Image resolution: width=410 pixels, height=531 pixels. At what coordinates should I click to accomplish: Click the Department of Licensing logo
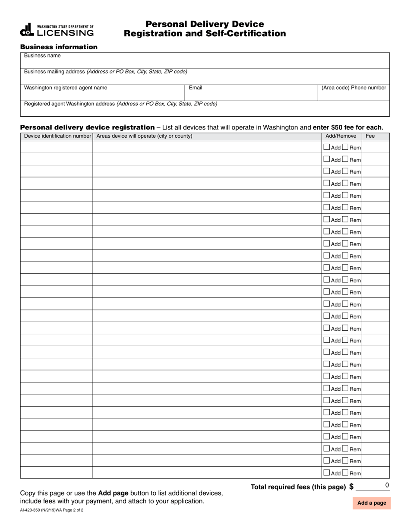pyautogui.click(x=57, y=29)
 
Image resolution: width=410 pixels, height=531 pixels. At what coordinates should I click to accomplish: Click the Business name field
pyautogui.click(x=205, y=63)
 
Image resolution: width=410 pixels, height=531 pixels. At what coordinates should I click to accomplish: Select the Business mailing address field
pyautogui.click(x=205, y=79)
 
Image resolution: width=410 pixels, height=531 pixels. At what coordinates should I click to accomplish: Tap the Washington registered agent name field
pyautogui.click(x=103, y=95)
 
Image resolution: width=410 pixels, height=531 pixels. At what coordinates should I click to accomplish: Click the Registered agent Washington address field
pyautogui.click(x=205, y=111)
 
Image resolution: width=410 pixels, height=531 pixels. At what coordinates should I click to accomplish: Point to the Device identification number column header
pyautogui.click(x=57, y=136)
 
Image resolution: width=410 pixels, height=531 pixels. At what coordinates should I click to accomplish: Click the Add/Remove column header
pyautogui.click(x=341, y=136)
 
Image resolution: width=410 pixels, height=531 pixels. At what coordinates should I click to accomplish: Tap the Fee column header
pyautogui.click(x=370, y=136)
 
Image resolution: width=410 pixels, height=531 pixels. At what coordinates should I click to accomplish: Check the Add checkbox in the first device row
pyautogui.click(x=327, y=147)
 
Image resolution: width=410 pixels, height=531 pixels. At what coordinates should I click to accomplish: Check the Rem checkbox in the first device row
pyautogui.click(x=345, y=147)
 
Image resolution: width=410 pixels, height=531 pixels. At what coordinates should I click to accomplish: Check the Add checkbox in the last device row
pyautogui.click(x=327, y=473)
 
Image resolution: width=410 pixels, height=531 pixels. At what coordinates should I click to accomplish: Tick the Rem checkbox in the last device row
pyautogui.click(x=345, y=473)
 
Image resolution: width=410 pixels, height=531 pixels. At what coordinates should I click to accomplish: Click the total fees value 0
pyautogui.click(x=387, y=485)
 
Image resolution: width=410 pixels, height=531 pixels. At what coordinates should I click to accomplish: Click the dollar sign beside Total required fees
pyautogui.click(x=351, y=487)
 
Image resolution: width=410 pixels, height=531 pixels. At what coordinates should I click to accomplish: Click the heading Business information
pyautogui.click(x=59, y=47)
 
